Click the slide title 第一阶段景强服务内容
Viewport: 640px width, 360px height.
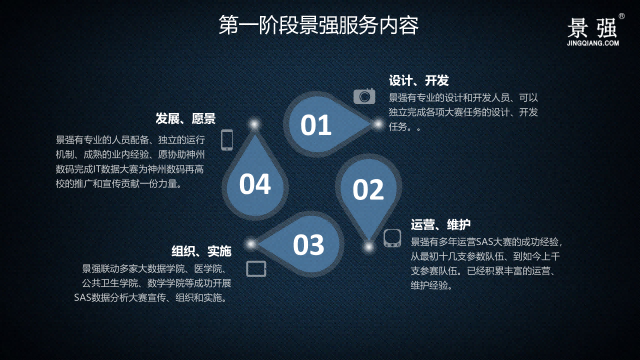(x=319, y=25)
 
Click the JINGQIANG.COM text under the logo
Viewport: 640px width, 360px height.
(x=594, y=44)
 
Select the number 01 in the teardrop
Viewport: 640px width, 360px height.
(x=316, y=125)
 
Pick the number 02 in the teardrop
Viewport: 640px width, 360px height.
(x=368, y=189)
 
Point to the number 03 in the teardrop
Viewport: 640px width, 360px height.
(x=308, y=244)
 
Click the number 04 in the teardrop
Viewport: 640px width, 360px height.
(x=255, y=184)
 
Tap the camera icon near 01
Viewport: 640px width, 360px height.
(x=364, y=96)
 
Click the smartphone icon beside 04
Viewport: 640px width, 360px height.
(x=227, y=139)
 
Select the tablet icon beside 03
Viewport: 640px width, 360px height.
(x=256, y=268)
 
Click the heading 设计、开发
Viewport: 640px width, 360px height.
(x=418, y=80)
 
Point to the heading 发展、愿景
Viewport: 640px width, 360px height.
(x=186, y=118)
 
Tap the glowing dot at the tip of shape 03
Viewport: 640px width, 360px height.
(x=251, y=243)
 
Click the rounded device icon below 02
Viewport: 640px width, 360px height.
(x=392, y=238)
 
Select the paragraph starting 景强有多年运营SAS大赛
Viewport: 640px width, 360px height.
(x=485, y=263)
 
